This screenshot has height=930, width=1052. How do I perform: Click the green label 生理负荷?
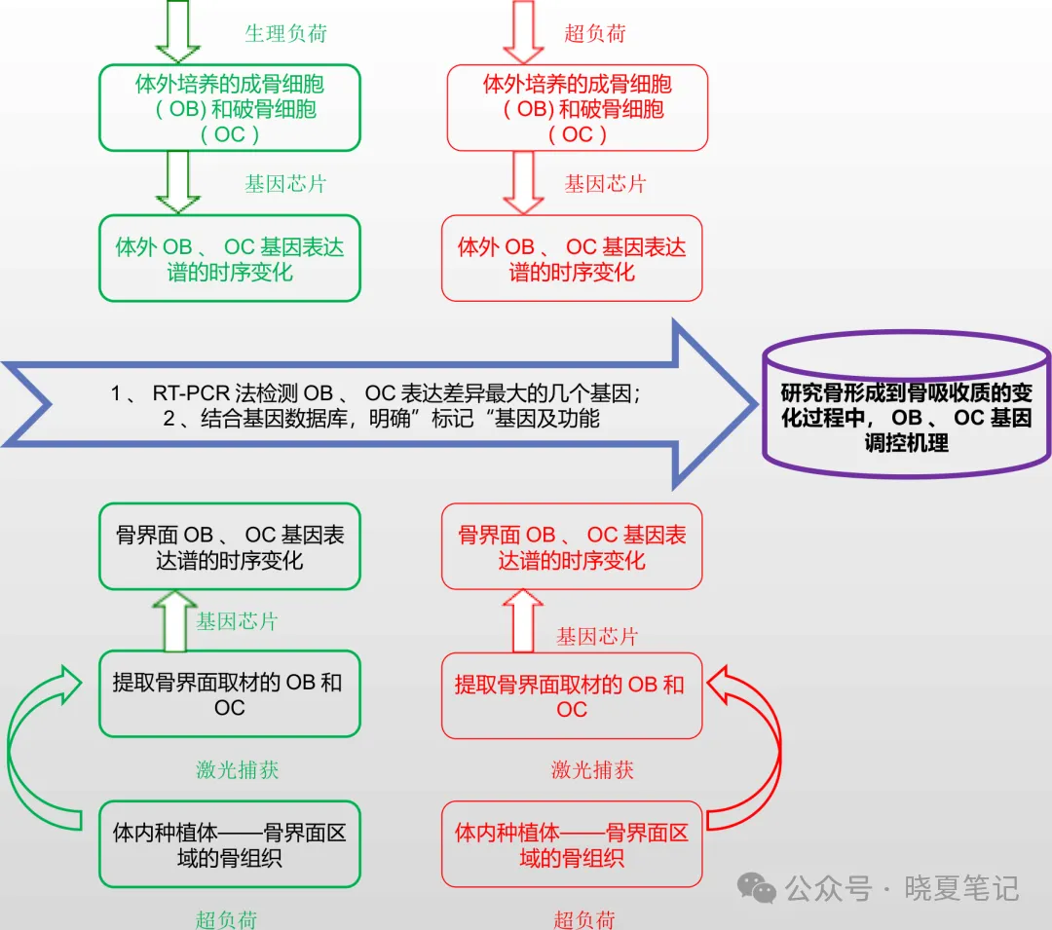pos(285,33)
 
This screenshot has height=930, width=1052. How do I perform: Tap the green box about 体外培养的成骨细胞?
pos(230,108)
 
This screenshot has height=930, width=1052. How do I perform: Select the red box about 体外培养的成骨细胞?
pos(577,108)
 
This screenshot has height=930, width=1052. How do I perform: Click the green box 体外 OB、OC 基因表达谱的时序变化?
pos(230,258)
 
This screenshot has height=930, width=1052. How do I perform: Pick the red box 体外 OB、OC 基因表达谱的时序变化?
pos(572,258)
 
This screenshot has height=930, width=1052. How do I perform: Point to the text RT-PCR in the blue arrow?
pos(191,394)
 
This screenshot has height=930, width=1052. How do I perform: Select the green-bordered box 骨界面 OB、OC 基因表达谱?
pos(230,546)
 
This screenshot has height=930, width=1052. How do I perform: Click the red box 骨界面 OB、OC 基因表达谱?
pos(572,546)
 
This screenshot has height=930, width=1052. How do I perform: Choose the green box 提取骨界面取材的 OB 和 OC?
pos(230,694)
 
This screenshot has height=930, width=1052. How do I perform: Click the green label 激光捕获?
pos(238,769)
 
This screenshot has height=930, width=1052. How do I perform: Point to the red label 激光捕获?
pos(592,769)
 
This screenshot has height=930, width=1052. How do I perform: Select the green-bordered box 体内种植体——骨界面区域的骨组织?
pos(230,844)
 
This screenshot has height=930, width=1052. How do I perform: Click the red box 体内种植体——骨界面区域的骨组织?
pos(572,844)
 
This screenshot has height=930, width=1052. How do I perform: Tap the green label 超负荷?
pos(226,918)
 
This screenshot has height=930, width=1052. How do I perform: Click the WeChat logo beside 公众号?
pos(756,887)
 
